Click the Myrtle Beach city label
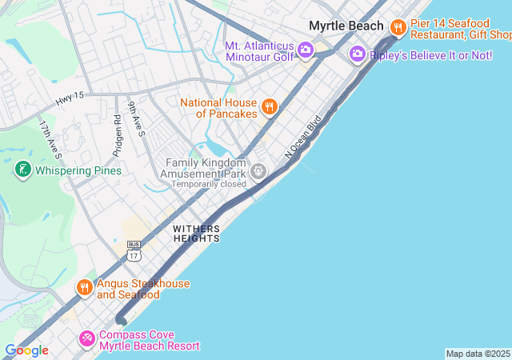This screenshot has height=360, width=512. (x=346, y=26)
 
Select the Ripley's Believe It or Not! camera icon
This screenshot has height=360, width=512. (x=357, y=54)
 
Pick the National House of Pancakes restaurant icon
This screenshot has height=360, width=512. (x=270, y=106)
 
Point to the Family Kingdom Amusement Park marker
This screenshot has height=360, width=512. (x=258, y=170)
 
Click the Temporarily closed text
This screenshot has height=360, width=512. (x=208, y=184)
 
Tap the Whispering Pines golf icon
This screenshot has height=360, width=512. (x=22, y=170)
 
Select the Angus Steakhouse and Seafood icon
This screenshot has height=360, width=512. (x=85, y=287)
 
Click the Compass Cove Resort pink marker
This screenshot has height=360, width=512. (x=86, y=339)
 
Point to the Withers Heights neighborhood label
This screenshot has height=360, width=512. (x=195, y=234)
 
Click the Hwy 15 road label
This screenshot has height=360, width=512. (x=70, y=100)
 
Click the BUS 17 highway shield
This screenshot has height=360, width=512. (x=134, y=251)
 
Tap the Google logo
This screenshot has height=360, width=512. (x=26, y=350)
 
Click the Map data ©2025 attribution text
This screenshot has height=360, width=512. (x=478, y=354)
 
